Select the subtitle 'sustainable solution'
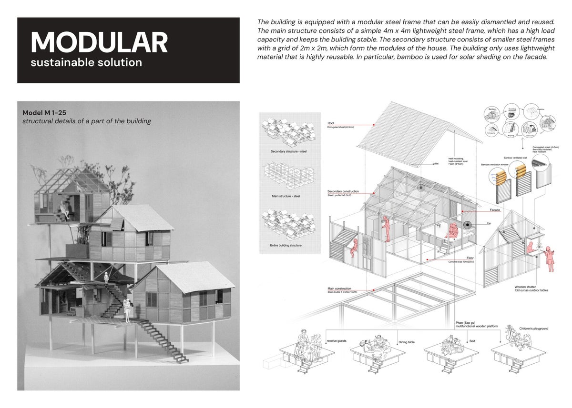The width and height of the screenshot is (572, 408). [x=86, y=62]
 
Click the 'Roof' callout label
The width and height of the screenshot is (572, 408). [x=331, y=123]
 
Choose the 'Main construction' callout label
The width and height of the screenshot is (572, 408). [x=339, y=289]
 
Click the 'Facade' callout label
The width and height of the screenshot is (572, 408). [x=495, y=210]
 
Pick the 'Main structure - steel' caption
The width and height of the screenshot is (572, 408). [x=286, y=196]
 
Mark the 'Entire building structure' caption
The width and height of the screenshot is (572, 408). [x=286, y=246]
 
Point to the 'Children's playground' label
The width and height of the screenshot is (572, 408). [x=534, y=328]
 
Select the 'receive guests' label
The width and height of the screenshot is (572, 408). [x=338, y=341]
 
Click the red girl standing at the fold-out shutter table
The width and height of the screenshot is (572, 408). [x=551, y=257]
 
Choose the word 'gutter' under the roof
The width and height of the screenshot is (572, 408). [x=436, y=163]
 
